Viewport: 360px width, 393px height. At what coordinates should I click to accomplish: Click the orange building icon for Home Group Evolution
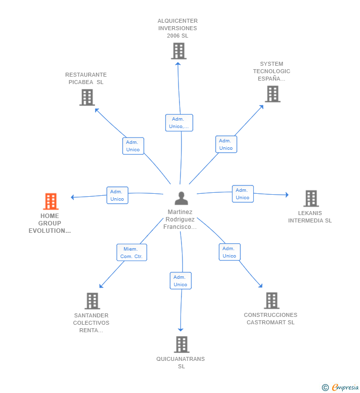tap(50, 202)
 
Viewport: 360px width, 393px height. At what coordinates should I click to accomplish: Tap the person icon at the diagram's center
tap(181, 198)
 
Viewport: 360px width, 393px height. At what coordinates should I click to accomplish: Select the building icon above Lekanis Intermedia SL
tap(311, 198)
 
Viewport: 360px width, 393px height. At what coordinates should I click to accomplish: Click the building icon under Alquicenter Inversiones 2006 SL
tap(178, 51)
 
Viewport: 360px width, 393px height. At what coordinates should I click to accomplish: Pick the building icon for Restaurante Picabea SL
tap(87, 97)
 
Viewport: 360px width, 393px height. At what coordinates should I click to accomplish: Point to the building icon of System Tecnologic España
tap(272, 94)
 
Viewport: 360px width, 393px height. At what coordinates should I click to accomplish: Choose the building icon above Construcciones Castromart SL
tap(271, 301)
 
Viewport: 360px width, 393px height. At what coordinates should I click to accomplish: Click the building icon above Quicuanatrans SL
tap(181, 345)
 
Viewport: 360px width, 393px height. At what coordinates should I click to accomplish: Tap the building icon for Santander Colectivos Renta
tap(92, 301)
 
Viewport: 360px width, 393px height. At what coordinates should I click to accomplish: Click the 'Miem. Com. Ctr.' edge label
tap(132, 253)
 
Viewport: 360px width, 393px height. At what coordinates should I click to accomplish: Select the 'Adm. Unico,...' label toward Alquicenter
tap(179, 123)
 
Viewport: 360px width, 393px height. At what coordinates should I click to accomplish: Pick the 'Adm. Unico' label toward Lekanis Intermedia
tap(242, 194)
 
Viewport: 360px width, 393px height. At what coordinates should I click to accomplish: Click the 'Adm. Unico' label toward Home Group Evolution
tap(117, 195)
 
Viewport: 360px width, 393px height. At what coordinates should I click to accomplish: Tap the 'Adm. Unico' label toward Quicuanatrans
tap(180, 281)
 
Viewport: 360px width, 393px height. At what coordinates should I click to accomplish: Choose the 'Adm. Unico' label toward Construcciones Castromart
tap(229, 252)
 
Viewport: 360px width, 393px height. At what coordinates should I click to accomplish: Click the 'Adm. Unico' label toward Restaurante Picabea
tap(133, 146)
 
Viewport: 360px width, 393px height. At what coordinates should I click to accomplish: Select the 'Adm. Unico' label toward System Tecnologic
tap(226, 144)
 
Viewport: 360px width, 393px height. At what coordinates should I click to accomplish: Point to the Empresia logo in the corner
tap(340, 388)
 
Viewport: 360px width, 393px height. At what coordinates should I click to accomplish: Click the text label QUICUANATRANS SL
tap(180, 362)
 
